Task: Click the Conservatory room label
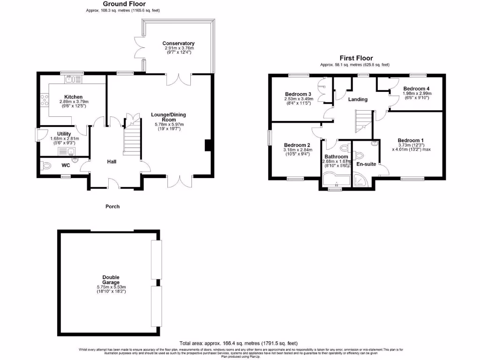[x=179, y=44]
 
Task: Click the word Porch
[x=112, y=206]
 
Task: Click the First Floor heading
[x=356, y=58]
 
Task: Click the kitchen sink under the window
[x=71, y=80]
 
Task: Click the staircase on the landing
[x=363, y=120]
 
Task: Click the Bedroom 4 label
[x=416, y=89]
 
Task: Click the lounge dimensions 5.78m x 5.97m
[x=169, y=124]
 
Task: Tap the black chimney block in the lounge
[x=208, y=146]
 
